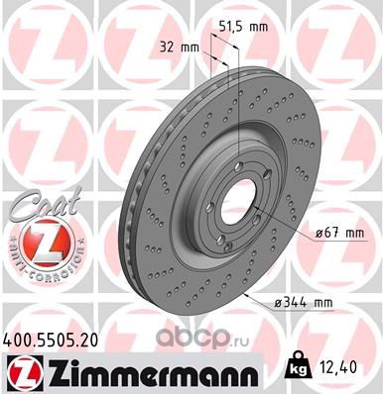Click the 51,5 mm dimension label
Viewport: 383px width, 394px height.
click(x=244, y=27)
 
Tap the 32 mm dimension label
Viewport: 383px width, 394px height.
click(x=180, y=48)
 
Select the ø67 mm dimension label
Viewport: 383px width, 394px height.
click(x=339, y=234)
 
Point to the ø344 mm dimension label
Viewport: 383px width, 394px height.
click(x=304, y=302)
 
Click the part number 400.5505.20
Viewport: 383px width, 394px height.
click(x=51, y=341)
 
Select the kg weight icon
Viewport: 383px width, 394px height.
click(x=299, y=366)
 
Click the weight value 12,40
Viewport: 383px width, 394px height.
click(x=339, y=367)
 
